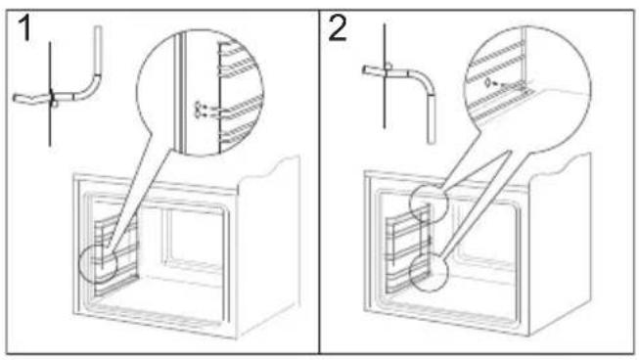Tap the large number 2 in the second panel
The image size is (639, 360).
(x=338, y=28)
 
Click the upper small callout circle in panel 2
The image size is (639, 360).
(x=410, y=203)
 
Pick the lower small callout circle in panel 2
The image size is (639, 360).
(x=410, y=272)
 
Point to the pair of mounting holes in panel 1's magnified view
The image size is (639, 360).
(x=199, y=111)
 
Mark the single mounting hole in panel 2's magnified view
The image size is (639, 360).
(x=486, y=83)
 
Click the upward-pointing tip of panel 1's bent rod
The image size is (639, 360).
(x=98, y=27)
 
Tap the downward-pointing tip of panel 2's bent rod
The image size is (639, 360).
(x=432, y=142)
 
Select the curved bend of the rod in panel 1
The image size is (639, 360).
(x=90, y=88)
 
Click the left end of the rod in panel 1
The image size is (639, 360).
(x=16, y=99)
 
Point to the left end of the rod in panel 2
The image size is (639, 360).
(x=365, y=70)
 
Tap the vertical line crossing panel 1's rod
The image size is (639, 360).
(x=50, y=94)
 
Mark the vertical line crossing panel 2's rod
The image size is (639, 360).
(x=385, y=76)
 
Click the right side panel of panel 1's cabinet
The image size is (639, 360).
(x=269, y=244)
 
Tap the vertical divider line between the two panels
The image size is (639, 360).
(x=319, y=182)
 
